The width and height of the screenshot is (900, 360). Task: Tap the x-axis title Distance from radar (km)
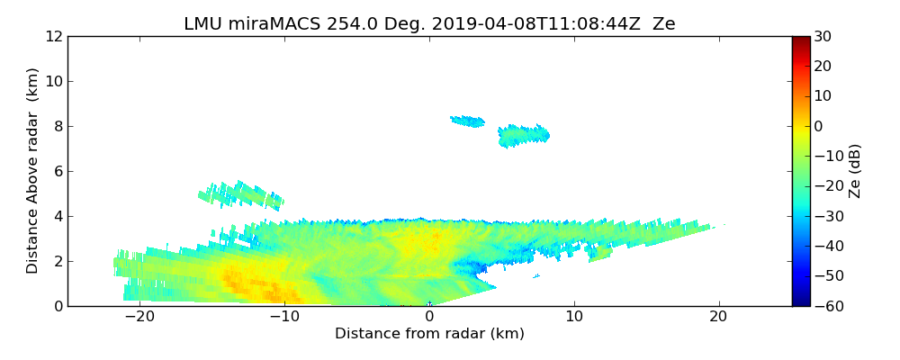tap(429, 334)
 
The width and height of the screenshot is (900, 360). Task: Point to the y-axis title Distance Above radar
tap(33, 171)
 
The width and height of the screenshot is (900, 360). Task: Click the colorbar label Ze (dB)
tap(855, 171)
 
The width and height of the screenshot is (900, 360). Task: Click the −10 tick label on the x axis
tap(284, 317)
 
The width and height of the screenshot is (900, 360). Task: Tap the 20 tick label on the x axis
tap(718, 317)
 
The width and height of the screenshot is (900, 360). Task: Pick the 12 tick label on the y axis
tap(53, 37)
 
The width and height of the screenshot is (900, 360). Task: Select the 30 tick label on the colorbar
tap(823, 37)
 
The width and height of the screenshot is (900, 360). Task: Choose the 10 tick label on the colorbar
tap(823, 96)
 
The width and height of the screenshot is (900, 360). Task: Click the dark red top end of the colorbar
tap(801, 40)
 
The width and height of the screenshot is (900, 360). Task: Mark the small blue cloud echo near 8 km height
tap(468, 121)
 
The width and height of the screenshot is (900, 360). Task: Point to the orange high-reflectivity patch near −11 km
tap(270, 290)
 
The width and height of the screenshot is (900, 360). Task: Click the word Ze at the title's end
tap(663, 24)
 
